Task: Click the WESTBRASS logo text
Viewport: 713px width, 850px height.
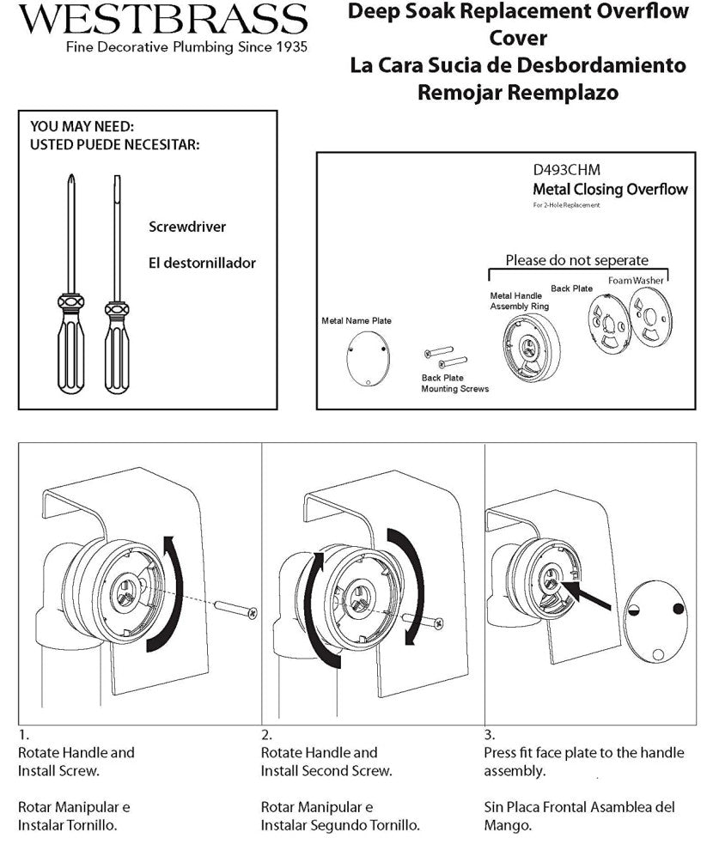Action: (162, 19)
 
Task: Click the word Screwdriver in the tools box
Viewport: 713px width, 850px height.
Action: (187, 228)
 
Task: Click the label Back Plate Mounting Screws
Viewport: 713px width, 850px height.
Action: (454, 383)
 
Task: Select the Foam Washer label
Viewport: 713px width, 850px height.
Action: (636, 281)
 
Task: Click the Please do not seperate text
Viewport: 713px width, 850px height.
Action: (576, 260)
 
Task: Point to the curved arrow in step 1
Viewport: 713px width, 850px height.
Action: (170, 592)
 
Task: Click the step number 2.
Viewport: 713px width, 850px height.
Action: (266, 735)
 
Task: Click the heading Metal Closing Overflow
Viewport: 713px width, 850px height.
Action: (610, 189)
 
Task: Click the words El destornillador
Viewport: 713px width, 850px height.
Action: (202, 264)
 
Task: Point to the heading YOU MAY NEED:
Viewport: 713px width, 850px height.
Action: (82, 126)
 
